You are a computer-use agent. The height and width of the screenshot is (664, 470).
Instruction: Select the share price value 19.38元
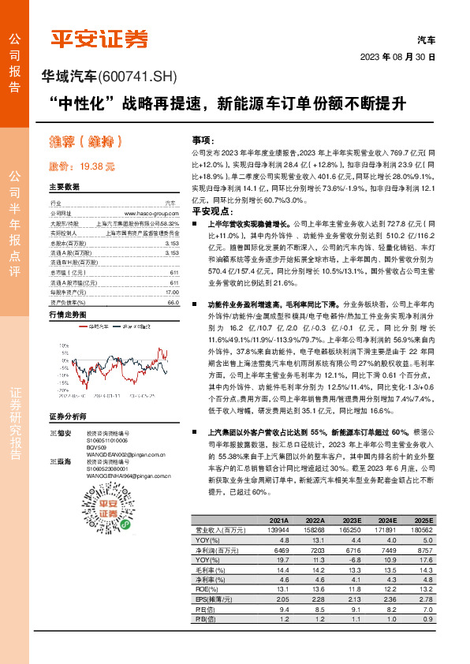pos(99,167)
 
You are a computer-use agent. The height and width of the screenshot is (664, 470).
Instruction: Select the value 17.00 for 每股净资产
pos(173,292)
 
